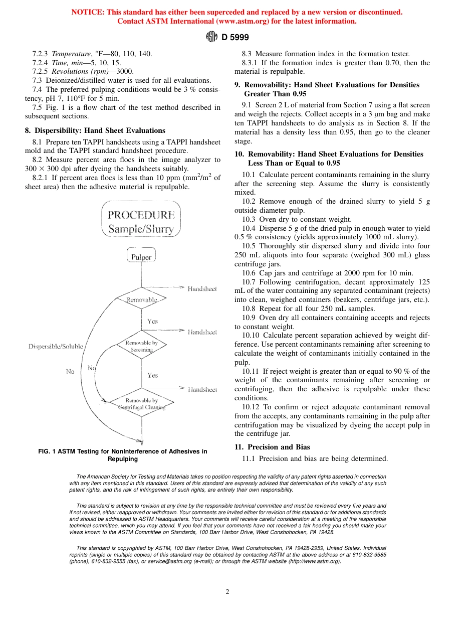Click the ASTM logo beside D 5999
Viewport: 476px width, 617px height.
coord(212,37)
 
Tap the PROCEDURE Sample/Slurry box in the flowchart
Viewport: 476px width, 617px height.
coord(141,222)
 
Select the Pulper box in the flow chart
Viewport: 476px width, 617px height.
coord(141,257)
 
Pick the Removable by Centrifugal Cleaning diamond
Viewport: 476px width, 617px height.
coord(141,404)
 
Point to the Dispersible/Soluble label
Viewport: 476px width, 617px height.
coord(56,347)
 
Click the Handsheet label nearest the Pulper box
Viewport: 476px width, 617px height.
coord(202,289)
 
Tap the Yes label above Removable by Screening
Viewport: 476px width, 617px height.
coord(152,321)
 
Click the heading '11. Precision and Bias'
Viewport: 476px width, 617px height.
coord(272,447)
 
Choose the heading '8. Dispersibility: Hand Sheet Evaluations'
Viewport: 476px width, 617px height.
coord(95,131)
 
